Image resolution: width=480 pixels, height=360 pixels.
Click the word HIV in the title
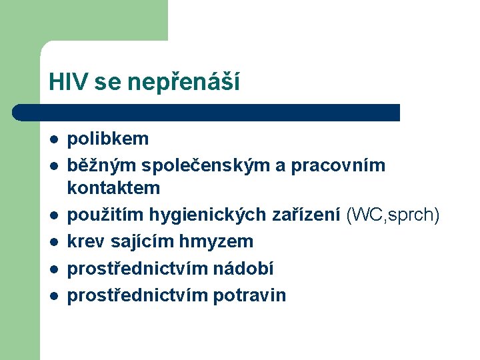[x=69, y=82]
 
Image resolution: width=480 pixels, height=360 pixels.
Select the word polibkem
[x=108, y=139]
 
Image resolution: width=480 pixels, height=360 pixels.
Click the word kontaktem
[x=113, y=187]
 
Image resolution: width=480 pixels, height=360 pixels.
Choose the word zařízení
[x=307, y=215]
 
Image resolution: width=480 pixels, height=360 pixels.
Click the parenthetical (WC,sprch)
[x=393, y=215]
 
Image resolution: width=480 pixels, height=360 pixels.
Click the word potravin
[x=249, y=295]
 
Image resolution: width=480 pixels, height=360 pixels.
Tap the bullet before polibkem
[x=53, y=140]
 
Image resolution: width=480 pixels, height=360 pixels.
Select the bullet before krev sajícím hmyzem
[x=53, y=242]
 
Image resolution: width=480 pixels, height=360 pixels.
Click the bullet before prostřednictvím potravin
[x=53, y=295]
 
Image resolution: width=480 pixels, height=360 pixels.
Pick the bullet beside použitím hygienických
[x=53, y=215]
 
